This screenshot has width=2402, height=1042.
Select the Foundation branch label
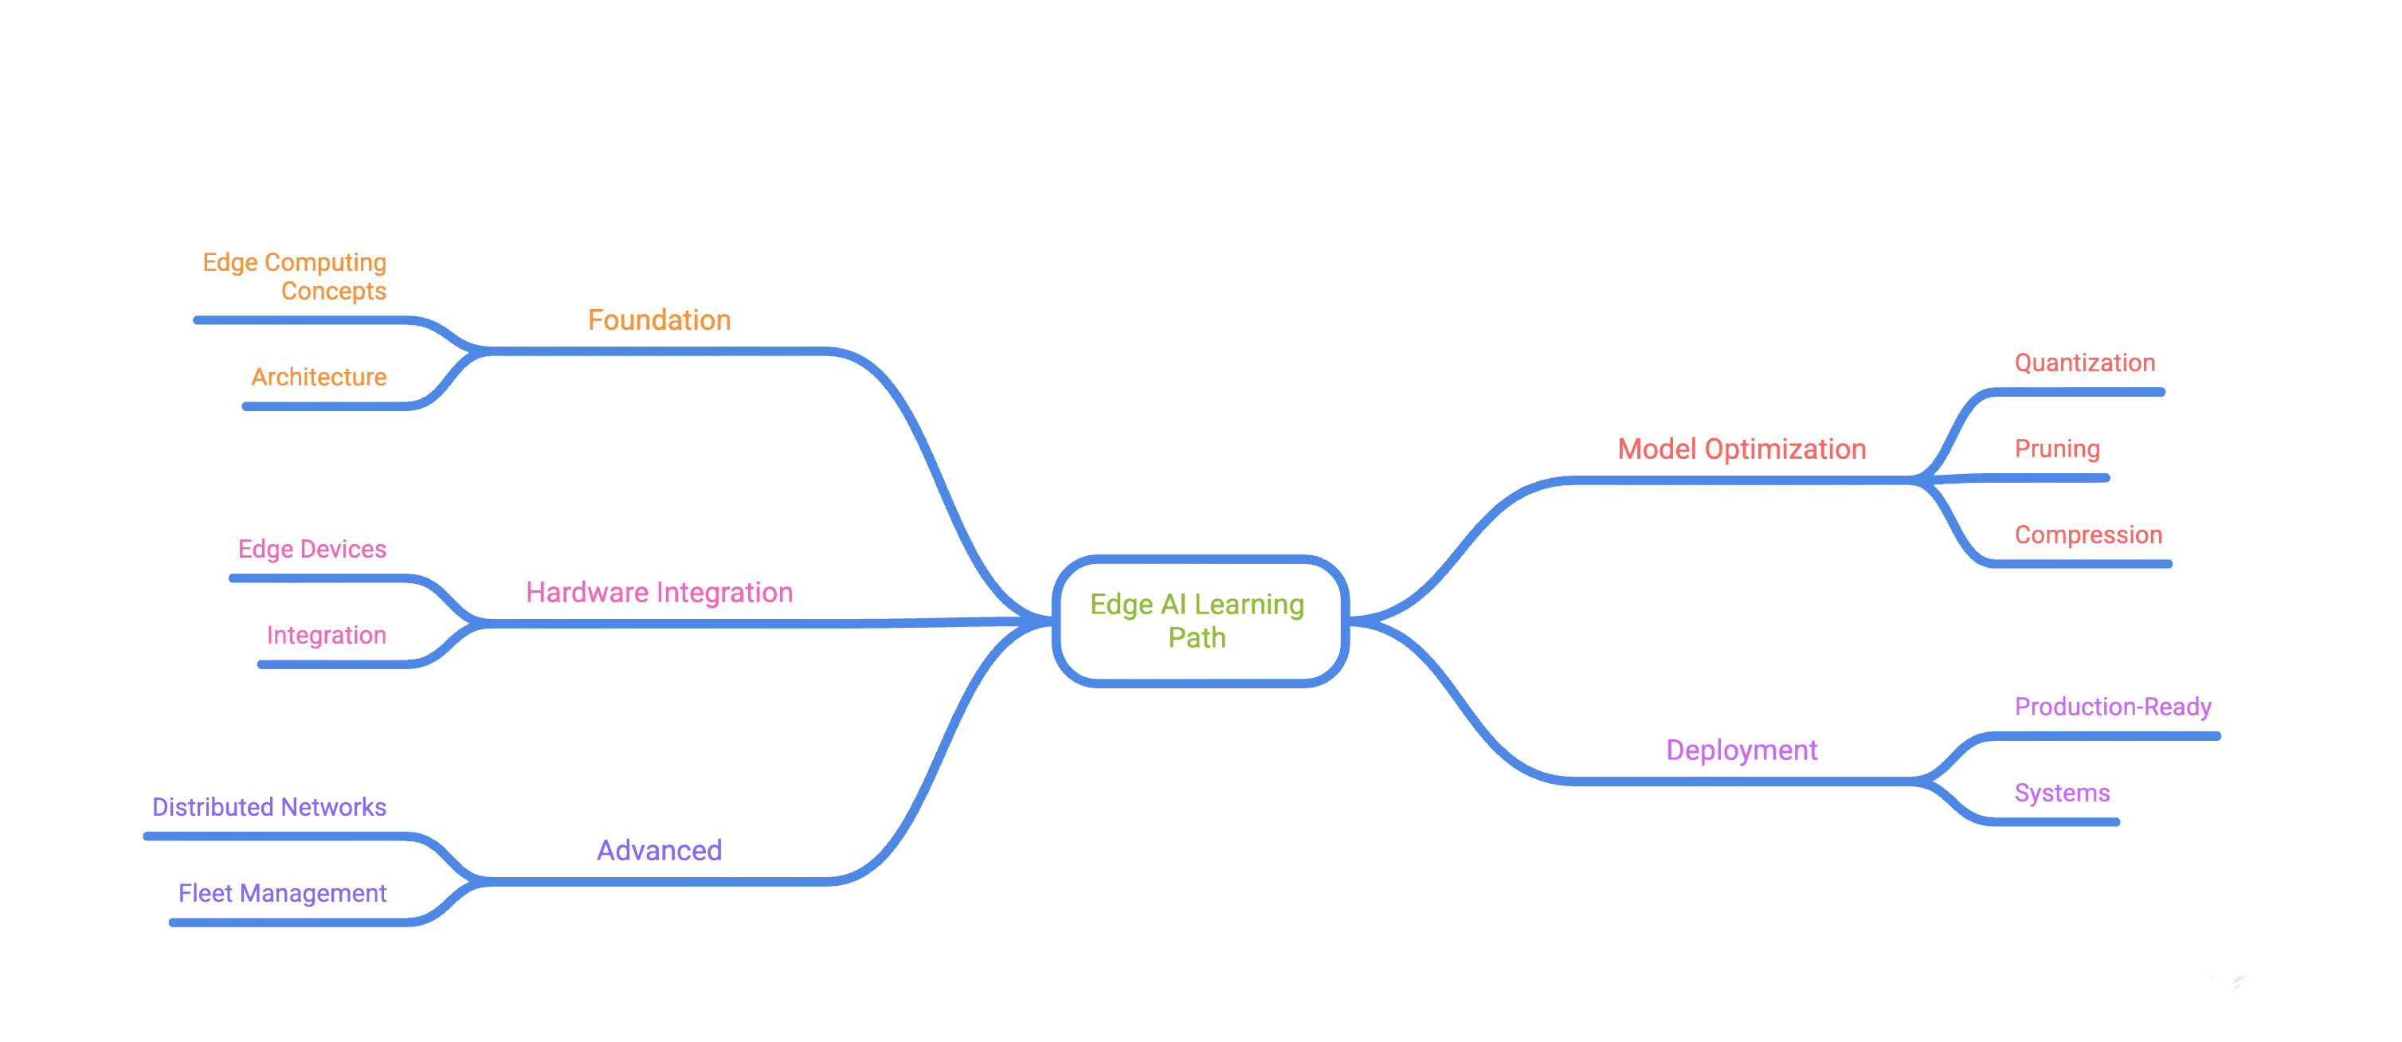pos(659,319)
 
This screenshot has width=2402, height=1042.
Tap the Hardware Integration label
pos(659,592)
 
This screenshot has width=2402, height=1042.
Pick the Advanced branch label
pos(659,850)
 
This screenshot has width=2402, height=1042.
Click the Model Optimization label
pos(1741,449)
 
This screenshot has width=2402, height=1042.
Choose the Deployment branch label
pos(1741,750)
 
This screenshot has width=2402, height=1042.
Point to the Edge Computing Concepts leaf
pos(295,276)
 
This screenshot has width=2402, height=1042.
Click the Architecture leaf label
pos(318,377)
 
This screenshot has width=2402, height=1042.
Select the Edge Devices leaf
pos(312,549)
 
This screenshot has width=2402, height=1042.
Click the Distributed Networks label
pos(268,806)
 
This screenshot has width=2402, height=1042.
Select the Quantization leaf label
pos(2084,362)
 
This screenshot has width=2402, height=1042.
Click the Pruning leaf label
pos(2056,449)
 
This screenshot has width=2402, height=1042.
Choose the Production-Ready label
pos(2112,707)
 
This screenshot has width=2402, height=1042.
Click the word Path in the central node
pos(1197,637)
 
